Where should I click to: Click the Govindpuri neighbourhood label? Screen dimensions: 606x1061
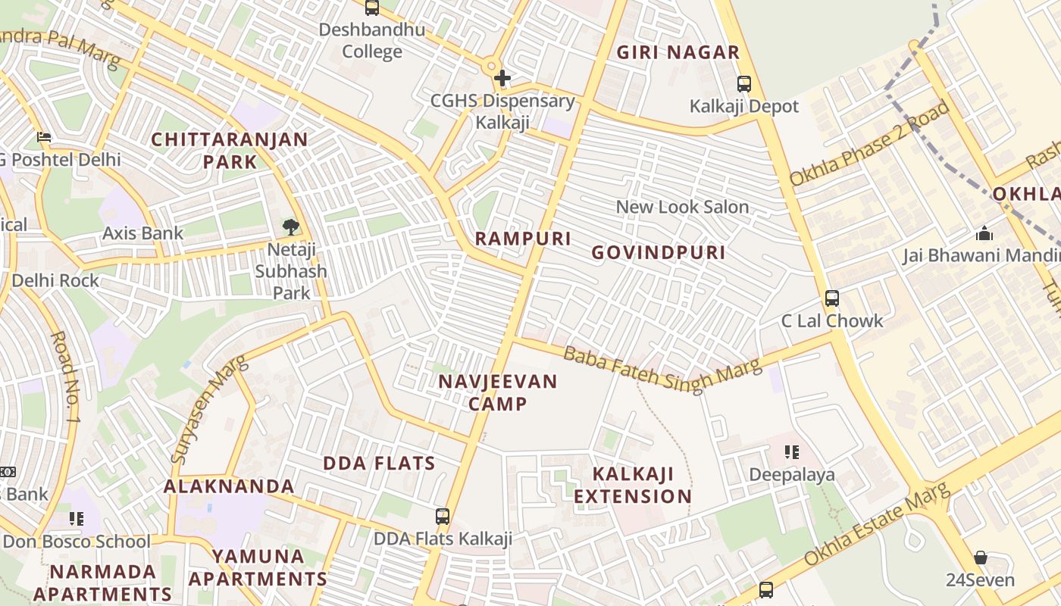point(659,252)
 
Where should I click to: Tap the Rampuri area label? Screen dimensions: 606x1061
point(523,239)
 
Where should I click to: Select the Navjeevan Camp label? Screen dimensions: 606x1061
point(498,392)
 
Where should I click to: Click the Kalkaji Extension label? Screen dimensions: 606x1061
point(633,486)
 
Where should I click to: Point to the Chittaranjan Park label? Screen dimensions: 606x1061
point(230,151)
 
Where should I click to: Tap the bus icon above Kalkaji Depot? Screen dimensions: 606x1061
point(744,84)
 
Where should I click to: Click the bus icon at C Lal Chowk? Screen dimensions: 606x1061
point(832,298)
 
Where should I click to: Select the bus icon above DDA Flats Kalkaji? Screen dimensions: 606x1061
point(443,517)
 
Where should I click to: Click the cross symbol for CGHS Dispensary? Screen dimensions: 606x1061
point(502,77)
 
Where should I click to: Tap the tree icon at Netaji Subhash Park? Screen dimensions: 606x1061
point(290,226)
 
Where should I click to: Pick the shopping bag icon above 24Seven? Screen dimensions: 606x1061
point(981,558)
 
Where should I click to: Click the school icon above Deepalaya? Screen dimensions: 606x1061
point(792,453)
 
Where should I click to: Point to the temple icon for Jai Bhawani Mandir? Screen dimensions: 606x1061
point(984,233)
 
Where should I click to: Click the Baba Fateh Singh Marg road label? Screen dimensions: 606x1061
point(662,368)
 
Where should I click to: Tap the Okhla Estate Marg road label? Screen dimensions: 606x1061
point(877,523)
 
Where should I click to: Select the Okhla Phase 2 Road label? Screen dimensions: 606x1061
point(870,143)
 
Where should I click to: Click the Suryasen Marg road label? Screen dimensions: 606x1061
point(211,409)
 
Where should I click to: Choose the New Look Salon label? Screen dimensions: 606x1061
point(682,207)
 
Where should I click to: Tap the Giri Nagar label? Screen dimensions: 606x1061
point(678,52)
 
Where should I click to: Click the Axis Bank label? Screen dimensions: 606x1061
point(143,233)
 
